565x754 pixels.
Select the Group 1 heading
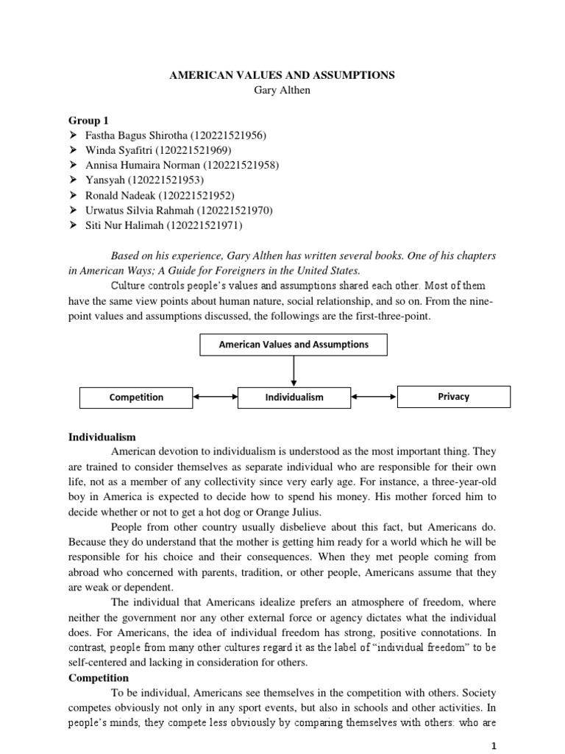tap(88, 120)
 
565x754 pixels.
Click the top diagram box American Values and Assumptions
tap(294, 344)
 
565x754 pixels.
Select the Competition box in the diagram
tap(136, 397)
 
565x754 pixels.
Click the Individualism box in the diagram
tap(294, 397)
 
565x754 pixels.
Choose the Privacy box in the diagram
tap(453, 396)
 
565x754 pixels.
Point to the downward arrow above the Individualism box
tap(294, 370)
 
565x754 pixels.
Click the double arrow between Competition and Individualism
tap(215, 397)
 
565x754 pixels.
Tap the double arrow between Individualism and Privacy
tap(374, 397)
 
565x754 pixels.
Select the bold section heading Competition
tap(99, 677)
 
